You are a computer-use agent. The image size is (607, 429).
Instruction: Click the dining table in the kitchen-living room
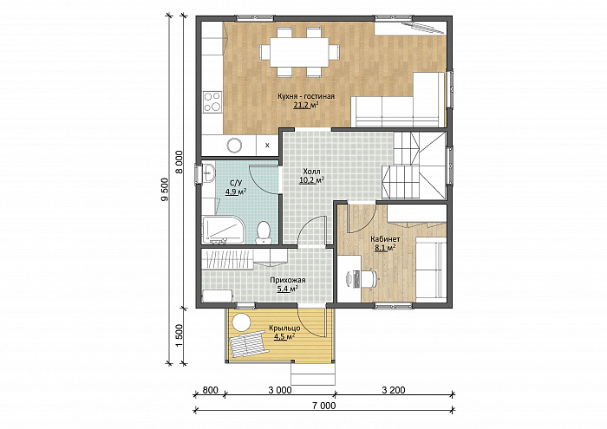(x=299, y=52)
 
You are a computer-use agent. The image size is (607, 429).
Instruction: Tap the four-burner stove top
(x=212, y=102)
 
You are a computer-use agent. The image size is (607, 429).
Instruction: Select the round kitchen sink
(x=235, y=146)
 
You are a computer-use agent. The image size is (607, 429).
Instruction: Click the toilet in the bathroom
(x=264, y=232)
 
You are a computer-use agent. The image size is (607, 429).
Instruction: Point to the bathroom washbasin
(x=208, y=172)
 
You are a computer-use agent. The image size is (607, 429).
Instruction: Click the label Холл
(x=311, y=172)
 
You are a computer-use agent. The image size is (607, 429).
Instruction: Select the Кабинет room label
(x=385, y=239)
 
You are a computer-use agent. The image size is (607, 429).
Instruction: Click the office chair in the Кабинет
(x=369, y=278)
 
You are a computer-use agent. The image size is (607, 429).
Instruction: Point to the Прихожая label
(x=288, y=280)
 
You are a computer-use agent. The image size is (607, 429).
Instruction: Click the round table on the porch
(x=241, y=322)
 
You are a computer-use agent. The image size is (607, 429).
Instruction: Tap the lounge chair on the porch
(x=248, y=343)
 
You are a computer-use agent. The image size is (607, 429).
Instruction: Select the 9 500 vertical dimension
(x=166, y=190)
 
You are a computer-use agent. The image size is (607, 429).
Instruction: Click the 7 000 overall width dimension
(x=324, y=406)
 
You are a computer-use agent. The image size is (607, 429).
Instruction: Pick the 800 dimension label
(x=210, y=389)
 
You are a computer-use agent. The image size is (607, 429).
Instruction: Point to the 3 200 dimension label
(x=394, y=389)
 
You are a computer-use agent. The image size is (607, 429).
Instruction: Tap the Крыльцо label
(x=284, y=328)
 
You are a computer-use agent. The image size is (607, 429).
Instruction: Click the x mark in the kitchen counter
(x=267, y=146)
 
